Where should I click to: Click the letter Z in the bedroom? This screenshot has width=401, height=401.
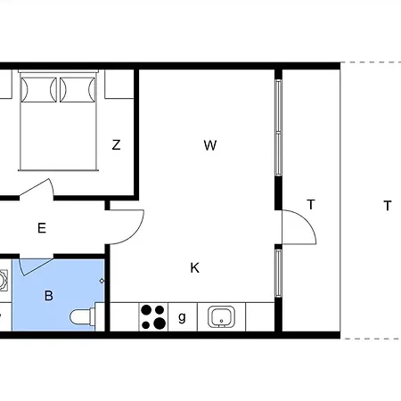(x=116, y=145)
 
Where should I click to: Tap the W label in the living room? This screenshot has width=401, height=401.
(x=210, y=145)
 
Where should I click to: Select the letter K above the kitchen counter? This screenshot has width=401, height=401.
(x=194, y=267)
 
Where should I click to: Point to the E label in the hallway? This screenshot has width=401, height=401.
(x=41, y=228)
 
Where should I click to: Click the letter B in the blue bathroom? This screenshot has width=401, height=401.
(x=49, y=295)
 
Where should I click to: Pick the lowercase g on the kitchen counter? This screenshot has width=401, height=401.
(x=182, y=316)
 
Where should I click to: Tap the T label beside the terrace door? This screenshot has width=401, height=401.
(x=311, y=204)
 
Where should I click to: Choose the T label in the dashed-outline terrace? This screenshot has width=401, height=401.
(x=387, y=206)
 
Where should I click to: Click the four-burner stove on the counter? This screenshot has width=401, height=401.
(x=153, y=316)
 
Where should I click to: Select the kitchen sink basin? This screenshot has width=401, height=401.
(x=220, y=316)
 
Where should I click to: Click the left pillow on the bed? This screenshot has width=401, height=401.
(x=38, y=88)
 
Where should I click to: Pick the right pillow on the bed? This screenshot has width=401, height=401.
(x=76, y=88)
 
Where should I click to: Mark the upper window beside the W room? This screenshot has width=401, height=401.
(x=278, y=129)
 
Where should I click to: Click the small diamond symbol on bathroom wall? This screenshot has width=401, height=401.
(x=102, y=282)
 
